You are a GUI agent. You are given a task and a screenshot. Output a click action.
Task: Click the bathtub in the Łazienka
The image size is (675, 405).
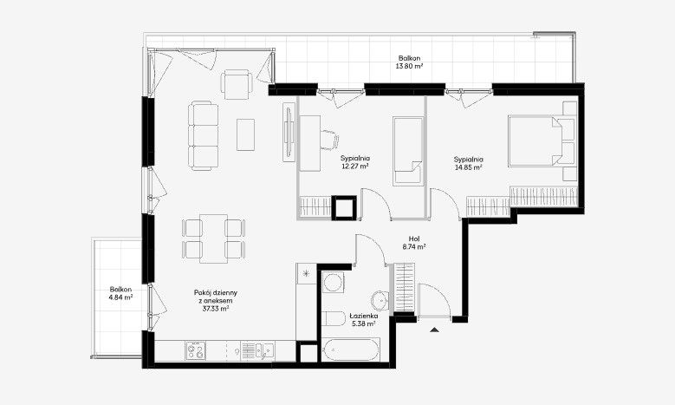[x=351, y=349]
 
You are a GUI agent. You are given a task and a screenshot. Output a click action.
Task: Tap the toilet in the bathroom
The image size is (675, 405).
[x=334, y=320]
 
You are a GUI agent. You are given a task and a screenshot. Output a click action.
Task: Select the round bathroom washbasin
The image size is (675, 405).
[x=380, y=300]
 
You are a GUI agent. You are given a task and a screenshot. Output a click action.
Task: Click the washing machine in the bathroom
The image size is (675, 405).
[x=334, y=283]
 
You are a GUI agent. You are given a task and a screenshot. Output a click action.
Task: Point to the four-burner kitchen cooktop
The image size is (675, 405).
[x=196, y=350]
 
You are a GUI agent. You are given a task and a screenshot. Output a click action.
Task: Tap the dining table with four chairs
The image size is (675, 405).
[x=213, y=238]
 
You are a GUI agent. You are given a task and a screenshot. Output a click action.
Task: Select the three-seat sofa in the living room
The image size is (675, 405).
[x=203, y=135]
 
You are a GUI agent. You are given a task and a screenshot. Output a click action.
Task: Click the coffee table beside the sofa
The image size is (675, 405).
[x=245, y=134]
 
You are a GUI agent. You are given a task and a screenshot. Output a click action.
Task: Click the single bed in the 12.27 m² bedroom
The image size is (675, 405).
[x=407, y=151]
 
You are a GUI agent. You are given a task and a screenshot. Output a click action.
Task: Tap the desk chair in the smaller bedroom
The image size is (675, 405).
[x=329, y=140]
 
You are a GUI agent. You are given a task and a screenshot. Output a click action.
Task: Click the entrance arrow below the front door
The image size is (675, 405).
[x=435, y=330]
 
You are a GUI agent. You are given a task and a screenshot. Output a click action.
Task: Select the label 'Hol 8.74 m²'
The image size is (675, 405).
[x=414, y=243]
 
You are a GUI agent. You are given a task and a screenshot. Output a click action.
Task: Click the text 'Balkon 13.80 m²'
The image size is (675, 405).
[x=409, y=62]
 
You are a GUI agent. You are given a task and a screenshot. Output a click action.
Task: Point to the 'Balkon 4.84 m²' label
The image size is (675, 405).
[x=120, y=293]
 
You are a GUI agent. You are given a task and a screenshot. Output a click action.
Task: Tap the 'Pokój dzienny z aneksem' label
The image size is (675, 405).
[x=215, y=297]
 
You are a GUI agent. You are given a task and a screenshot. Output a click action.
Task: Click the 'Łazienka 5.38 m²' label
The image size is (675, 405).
[x=364, y=320]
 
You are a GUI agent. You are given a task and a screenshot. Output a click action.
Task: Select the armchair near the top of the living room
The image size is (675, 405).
[x=237, y=84]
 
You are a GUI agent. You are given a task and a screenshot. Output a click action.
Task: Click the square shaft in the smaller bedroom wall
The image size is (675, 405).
[x=344, y=207]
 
